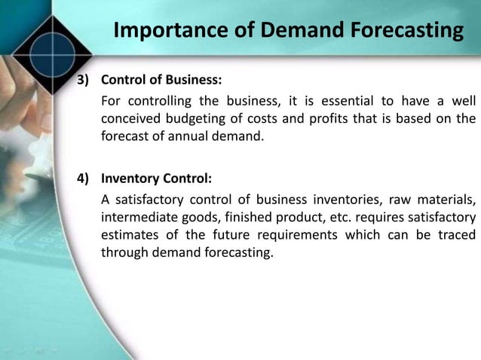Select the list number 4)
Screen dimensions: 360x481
(x=81, y=179)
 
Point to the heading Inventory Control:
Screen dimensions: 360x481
(x=157, y=179)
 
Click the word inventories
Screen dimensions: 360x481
(x=346, y=200)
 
